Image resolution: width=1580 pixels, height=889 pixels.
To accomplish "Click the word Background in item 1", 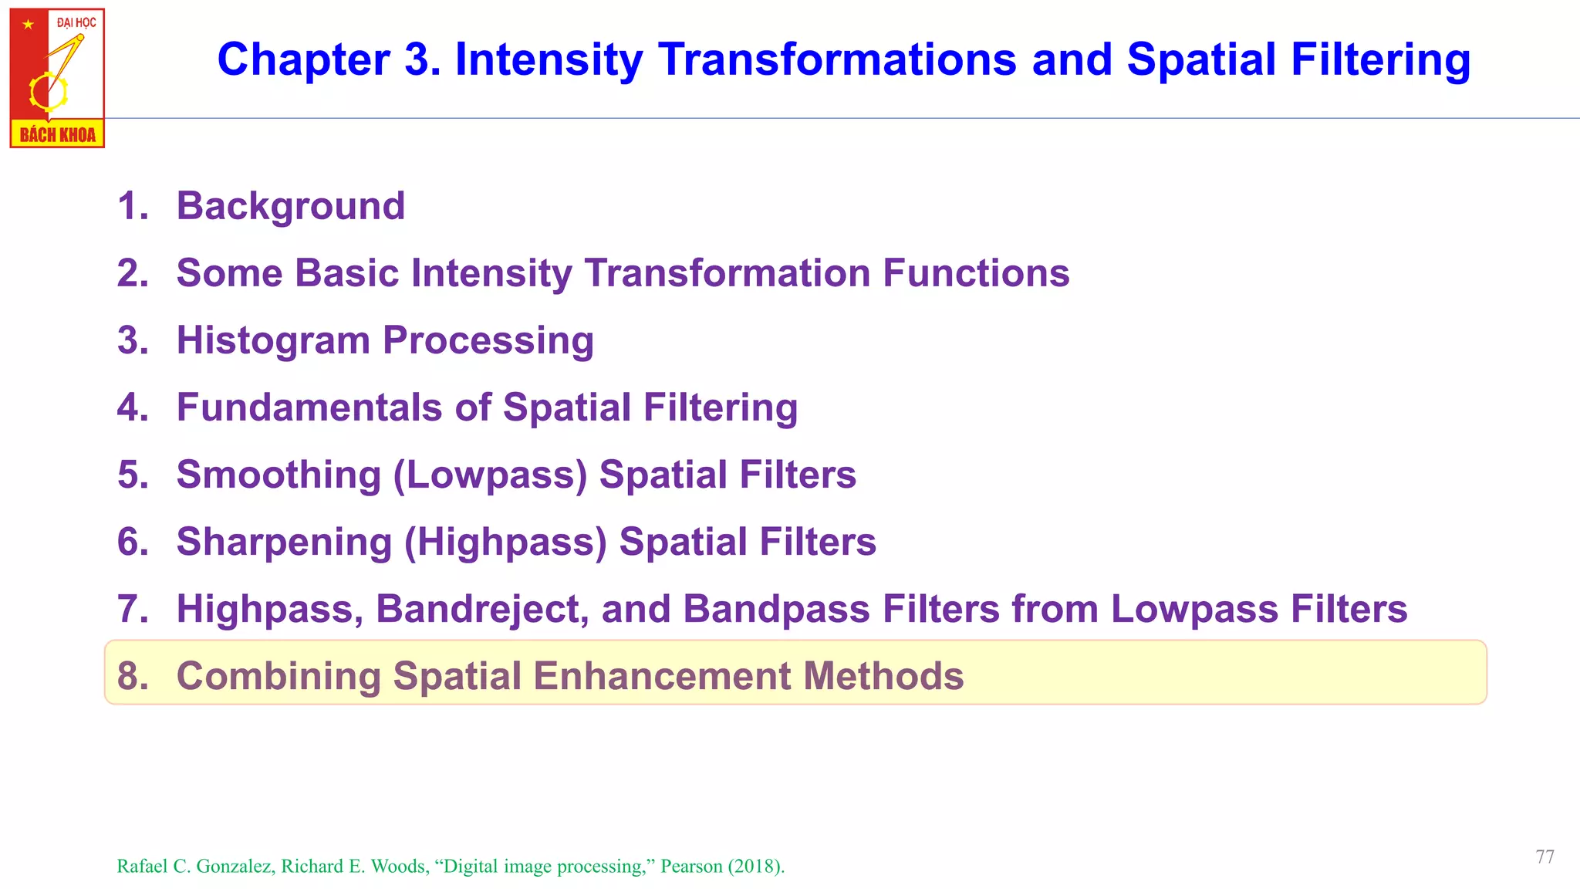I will pyautogui.click(x=291, y=206).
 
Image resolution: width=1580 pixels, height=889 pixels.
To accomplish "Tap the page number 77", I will pyautogui.click(x=1545, y=857).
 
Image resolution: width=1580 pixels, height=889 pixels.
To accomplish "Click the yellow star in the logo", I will pyautogui.click(x=29, y=25).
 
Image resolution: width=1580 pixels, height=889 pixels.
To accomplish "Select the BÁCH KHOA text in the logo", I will pyautogui.click(x=57, y=135).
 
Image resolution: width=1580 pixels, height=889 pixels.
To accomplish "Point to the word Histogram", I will pyautogui.click(x=273, y=340).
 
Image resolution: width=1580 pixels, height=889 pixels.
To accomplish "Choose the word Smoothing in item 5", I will pyautogui.click(x=279, y=475).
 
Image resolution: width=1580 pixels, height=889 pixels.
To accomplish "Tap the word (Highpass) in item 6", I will pyautogui.click(x=505, y=542).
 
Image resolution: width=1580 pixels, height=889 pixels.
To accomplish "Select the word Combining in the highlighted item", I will pyautogui.click(x=279, y=676).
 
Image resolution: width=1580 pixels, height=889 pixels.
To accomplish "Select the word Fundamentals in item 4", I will pyautogui.click(x=309, y=407).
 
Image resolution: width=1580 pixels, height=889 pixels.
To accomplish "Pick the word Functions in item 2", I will pyautogui.click(x=976, y=273).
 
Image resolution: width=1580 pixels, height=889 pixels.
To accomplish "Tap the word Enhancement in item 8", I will pyautogui.click(x=662, y=676).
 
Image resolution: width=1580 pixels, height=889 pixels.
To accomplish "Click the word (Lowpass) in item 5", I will pyautogui.click(x=491, y=475).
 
